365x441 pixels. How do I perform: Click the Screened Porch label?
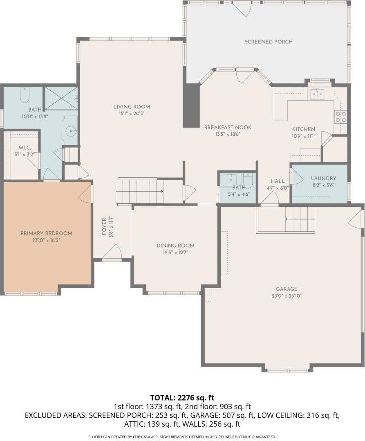tap(269, 42)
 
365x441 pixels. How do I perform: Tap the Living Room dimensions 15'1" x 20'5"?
tap(129, 114)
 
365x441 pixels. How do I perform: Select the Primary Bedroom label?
tap(46, 233)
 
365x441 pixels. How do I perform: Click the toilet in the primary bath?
tap(25, 94)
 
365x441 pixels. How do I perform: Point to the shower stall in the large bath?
tap(60, 98)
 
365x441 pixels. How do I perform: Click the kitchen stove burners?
tap(340, 117)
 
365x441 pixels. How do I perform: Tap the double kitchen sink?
tap(317, 94)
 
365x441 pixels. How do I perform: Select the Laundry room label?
tap(323, 178)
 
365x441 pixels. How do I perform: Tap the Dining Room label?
tap(175, 246)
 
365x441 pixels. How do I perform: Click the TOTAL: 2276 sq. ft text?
tap(182, 397)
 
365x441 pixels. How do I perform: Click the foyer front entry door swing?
tap(112, 252)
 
